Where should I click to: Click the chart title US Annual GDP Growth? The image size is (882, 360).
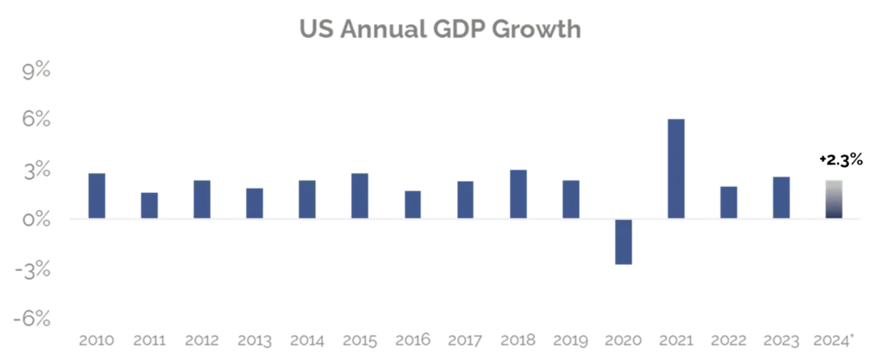(441, 30)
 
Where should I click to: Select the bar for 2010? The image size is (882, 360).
(97, 195)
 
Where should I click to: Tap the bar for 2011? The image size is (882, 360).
(150, 204)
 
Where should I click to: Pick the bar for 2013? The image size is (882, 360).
(255, 202)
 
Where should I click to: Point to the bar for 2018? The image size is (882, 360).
(519, 193)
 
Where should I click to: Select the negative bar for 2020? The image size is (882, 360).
(624, 243)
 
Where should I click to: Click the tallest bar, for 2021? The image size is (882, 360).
(676, 167)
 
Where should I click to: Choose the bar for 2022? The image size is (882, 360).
(729, 201)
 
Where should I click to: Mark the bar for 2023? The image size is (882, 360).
(781, 196)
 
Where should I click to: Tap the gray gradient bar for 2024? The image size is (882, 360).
(834, 198)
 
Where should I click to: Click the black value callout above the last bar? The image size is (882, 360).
(839, 159)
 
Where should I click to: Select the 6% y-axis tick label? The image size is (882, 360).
(38, 121)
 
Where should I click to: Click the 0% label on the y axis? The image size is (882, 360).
(38, 220)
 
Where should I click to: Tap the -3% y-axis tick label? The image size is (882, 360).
(34, 270)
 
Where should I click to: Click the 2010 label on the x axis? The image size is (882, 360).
(97, 340)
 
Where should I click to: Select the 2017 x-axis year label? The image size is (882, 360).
(465, 340)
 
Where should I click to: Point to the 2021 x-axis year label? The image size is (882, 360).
(676, 340)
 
